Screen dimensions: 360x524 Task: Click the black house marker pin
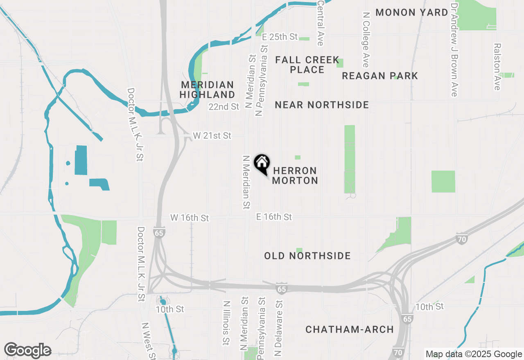(262, 164)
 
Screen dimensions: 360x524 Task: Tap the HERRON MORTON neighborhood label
(295, 175)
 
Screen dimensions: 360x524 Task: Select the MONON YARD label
(412, 12)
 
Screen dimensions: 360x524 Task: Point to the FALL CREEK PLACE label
(307, 65)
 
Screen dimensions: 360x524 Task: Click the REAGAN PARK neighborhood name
(380, 76)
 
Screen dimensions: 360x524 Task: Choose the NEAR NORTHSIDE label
(322, 105)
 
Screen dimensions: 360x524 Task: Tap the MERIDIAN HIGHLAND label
(208, 90)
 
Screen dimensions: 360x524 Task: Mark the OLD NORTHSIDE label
(307, 256)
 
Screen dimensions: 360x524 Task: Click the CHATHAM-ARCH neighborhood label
(350, 329)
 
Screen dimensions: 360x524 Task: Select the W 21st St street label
(212, 135)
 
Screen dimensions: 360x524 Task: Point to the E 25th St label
(280, 37)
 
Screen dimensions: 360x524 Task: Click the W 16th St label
(190, 218)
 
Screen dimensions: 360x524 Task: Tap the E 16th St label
(274, 217)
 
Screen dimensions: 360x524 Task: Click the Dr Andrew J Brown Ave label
(454, 50)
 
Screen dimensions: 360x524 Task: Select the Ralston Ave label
(497, 67)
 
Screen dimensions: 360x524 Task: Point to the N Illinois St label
(226, 323)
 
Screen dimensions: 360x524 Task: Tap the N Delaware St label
(279, 328)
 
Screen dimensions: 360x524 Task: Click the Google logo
(27, 350)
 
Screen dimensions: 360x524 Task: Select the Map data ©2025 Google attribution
(474, 354)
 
